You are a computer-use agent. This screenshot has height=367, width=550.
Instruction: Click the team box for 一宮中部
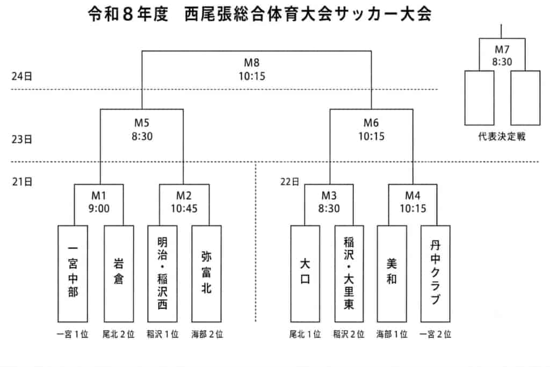tap(73, 274)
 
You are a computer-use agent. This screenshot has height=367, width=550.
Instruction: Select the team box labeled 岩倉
tap(119, 274)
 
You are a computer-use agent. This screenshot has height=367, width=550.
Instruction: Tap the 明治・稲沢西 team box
tap(162, 274)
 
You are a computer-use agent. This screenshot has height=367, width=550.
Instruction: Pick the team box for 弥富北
tap(207, 274)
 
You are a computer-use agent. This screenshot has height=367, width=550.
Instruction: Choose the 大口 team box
tap(305, 274)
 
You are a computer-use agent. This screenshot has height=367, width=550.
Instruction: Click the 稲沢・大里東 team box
tap(349, 274)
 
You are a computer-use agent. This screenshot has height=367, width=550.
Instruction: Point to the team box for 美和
tap(392, 274)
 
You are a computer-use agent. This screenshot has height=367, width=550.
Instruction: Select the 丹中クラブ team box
tap(435, 274)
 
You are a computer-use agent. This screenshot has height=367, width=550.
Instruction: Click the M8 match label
tap(252, 63)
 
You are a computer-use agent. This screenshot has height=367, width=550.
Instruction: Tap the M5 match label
tap(142, 123)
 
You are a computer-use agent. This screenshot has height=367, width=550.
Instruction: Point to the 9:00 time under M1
tap(99, 208)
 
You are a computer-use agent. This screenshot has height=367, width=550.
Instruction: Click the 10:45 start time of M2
tap(184, 208)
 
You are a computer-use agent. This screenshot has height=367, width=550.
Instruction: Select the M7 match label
tap(502, 49)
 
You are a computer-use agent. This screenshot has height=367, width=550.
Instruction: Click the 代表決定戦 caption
tap(502, 136)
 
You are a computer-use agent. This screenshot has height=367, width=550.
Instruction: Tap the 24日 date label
tap(21, 76)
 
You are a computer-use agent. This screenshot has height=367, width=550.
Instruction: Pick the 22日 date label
tap(290, 182)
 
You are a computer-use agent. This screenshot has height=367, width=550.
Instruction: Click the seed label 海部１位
tap(392, 334)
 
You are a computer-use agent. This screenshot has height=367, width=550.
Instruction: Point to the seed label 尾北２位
tap(119, 334)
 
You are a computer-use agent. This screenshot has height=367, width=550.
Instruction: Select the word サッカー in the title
tap(366, 15)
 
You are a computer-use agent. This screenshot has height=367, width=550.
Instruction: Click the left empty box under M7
tap(480, 98)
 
